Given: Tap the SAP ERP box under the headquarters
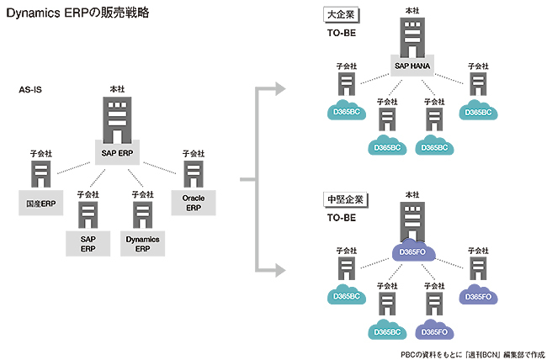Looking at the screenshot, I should click(117, 152).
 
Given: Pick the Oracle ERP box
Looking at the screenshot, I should click(193, 203).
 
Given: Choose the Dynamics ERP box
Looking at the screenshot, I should click(142, 244).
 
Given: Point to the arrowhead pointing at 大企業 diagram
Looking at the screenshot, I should click(279, 87).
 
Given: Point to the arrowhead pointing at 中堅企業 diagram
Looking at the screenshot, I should click(279, 270).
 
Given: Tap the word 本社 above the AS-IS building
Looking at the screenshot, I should click(117, 88).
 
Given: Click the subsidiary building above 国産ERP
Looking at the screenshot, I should click(41, 174).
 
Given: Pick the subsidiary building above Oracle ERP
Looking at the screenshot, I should click(193, 174).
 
